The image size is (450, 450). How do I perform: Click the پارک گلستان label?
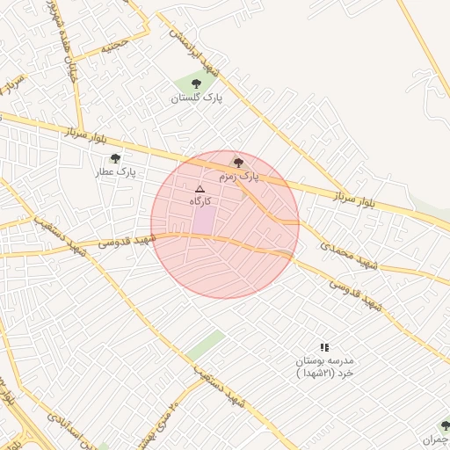coord(196,98)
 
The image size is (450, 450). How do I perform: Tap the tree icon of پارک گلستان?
coord(195,84)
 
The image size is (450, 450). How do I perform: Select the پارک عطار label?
coord(116,173)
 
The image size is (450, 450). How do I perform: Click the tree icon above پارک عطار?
coord(115,159)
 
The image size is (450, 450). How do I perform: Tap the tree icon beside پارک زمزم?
coord(238,163)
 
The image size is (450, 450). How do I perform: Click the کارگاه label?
coord(201,202)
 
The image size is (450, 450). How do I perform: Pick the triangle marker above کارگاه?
coord(200,189)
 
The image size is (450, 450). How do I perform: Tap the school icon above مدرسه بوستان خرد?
coord(324,348)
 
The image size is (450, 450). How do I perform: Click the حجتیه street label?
coord(113,47)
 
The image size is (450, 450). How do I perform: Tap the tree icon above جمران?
coord(445,426)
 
